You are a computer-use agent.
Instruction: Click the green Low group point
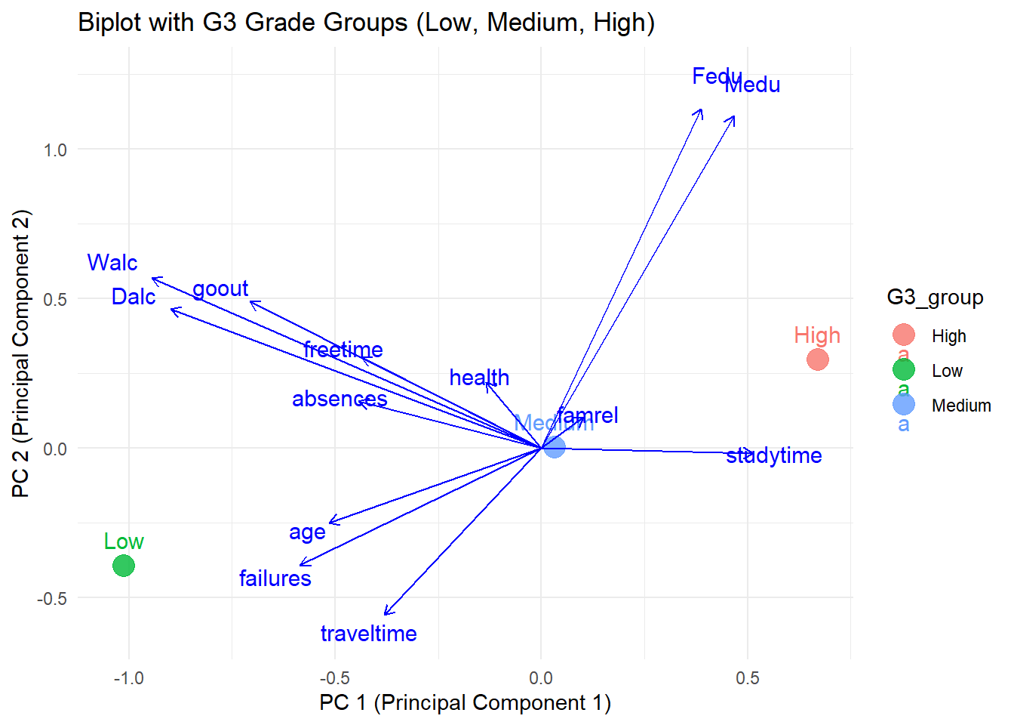(x=124, y=565)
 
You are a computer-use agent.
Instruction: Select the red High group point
(x=817, y=359)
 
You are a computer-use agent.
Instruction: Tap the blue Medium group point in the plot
(x=555, y=447)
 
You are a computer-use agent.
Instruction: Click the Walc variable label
(x=112, y=263)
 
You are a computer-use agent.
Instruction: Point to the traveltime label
(x=368, y=634)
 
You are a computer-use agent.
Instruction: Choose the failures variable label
(x=275, y=578)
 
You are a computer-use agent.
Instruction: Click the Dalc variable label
(x=134, y=297)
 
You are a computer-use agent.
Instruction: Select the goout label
(x=220, y=288)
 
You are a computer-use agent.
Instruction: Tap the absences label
(x=340, y=399)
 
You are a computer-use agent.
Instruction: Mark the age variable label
(x=307, y=532)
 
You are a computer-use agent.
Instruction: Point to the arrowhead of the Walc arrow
(x=153, y=279)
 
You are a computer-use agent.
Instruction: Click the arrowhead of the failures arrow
(x=301, y=564)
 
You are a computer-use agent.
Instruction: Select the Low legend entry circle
(x=903, y=370)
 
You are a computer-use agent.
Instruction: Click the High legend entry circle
(x=903, y=335)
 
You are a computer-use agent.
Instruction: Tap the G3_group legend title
(x=935, y=298)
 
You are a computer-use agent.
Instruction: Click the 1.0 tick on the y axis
(x=55, y=150)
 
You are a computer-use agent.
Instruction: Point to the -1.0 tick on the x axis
(x=128, y=678)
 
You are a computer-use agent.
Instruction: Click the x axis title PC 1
(x=465, y=703)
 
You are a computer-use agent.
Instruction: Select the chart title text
(x=366, y=23)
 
